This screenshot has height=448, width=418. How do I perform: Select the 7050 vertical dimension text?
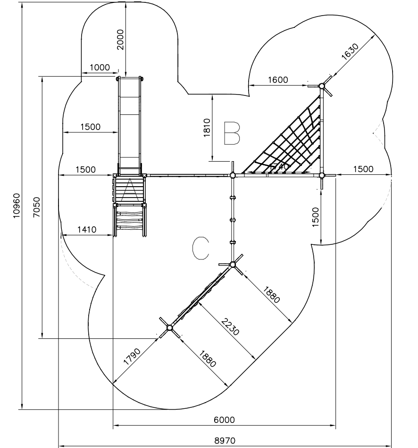pos(36,207)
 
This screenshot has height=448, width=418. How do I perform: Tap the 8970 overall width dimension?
pos(225,440)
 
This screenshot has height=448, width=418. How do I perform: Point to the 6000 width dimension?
pos(225,420)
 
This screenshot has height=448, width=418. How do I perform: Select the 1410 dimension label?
pos(86,230)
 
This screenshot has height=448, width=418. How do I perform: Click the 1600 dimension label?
pos(278,80)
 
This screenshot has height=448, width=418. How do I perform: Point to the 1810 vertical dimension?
pos(206,128)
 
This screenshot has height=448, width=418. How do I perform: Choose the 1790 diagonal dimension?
pos(133,355)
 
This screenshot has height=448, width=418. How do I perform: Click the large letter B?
pos(232,133)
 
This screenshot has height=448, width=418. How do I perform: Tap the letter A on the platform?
pos(129,192)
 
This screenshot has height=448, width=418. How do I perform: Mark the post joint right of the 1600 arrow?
pos(321,86)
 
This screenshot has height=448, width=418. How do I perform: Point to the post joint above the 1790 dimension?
pos(169,327)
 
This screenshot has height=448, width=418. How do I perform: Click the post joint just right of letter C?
pos(233,264)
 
